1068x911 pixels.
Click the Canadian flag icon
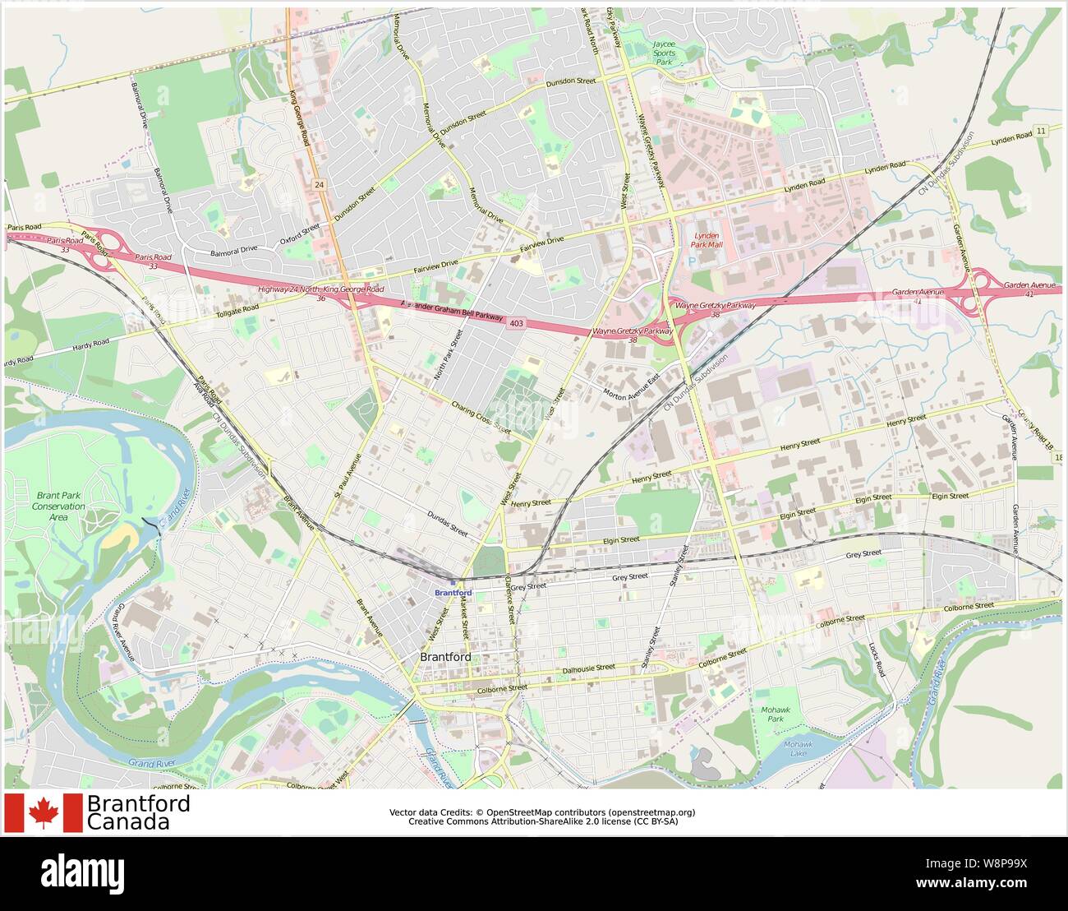44,813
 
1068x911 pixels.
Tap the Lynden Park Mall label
706,240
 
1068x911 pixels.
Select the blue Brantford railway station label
453,592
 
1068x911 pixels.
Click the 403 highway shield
516,323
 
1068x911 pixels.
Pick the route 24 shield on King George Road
319,186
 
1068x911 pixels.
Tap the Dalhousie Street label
589,670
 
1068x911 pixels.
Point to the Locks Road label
877,659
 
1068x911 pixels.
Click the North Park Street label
449,355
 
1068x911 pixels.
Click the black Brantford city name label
445,657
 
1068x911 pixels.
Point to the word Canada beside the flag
128,821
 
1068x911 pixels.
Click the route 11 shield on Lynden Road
1041,132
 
